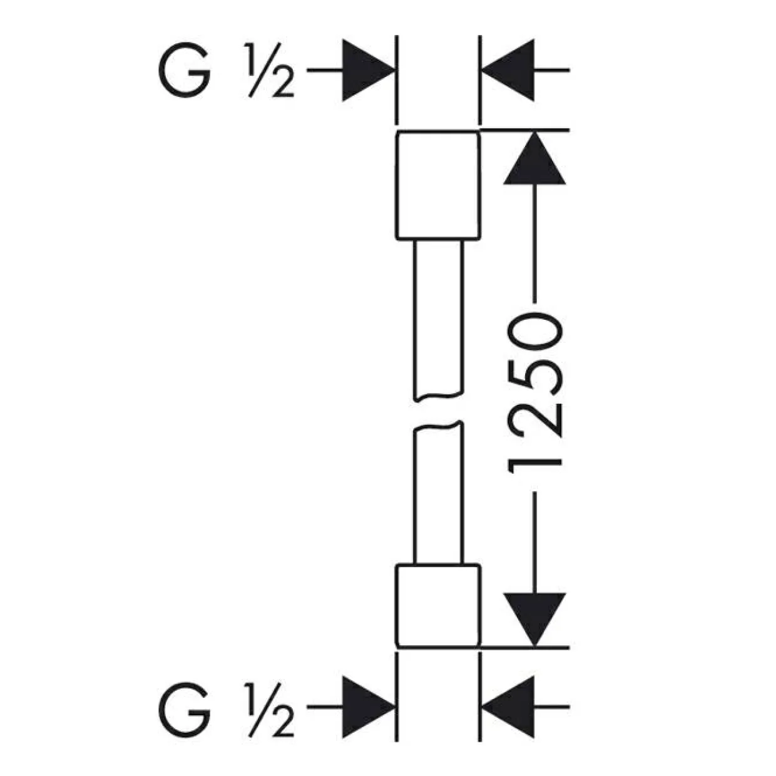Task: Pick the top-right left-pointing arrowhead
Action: [508, 70]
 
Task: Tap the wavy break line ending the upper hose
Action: [439, 396]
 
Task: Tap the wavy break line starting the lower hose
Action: [439, 427]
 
